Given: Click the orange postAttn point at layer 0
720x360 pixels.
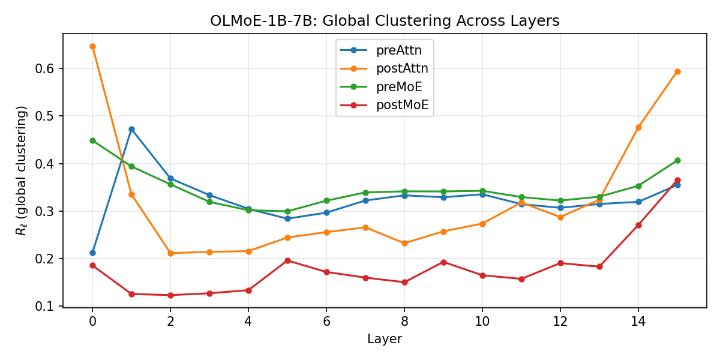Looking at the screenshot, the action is pos(92,47).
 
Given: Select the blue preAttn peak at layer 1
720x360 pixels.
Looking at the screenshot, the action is pos(131,129).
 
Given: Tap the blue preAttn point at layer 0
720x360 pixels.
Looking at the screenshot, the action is pos(92,253).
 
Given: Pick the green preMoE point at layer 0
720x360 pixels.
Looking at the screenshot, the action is pos(92,141).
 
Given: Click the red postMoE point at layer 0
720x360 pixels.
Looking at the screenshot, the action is pos(92,265).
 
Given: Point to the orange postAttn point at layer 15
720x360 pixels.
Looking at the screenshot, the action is pos(677,71).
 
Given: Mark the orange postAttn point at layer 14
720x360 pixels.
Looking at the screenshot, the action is pos(638,128).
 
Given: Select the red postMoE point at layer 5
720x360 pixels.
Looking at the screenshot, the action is pos(287,260).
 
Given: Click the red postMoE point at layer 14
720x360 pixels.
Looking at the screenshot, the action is pos(638,226).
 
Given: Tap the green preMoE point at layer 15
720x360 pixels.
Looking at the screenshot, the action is pos(677,161).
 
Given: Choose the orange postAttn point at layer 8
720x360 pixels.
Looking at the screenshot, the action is pos(404,244).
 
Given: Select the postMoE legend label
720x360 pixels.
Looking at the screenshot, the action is pos(403,105).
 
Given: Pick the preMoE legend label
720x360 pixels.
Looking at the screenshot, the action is pos(399,87).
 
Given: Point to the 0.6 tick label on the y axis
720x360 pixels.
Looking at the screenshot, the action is pos(44,69).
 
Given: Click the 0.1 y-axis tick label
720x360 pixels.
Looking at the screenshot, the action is pos(44,307).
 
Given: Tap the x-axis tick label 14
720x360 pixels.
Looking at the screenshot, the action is pos(638,322).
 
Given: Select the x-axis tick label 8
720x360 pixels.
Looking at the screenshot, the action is pos(404,322).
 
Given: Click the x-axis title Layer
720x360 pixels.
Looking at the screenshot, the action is pos(385,339).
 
